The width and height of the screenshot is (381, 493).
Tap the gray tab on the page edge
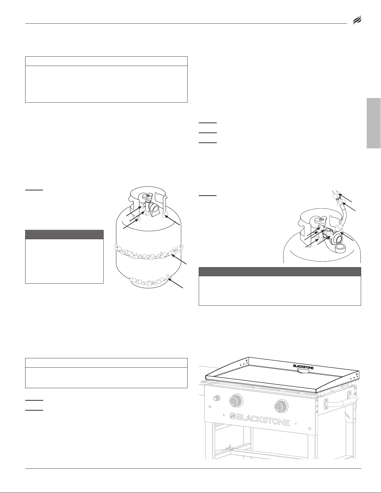tap(374, 123)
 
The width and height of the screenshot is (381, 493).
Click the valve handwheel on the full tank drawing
tap(146, 197)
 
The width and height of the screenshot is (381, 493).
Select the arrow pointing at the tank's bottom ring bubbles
tap(176, 283)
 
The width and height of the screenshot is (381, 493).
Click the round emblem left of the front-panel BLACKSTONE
tap(233, 416)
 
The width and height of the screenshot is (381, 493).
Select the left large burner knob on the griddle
tap(236, 401)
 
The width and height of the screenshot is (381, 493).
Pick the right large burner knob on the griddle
tap(281, 407)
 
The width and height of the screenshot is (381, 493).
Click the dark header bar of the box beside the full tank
tap(64, 234)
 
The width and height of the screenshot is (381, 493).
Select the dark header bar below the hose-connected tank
tap(280, 272)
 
